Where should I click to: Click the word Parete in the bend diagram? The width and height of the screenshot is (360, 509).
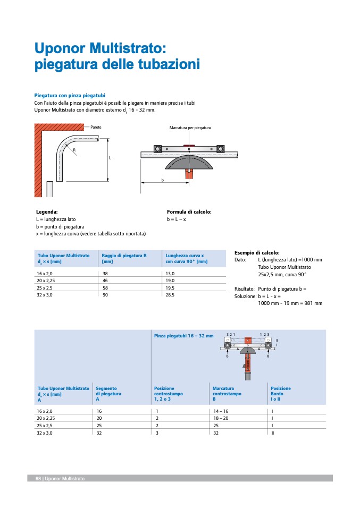coord(96,128)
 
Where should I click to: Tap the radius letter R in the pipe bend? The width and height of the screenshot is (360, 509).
coord(75,150)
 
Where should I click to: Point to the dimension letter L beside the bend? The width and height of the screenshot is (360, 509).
coord(110,158)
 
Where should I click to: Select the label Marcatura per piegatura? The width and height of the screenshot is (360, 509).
coord(190,128)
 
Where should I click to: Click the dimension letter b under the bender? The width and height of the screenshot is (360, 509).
coord(163,180)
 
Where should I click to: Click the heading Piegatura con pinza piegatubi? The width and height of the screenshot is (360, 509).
coord(70,95)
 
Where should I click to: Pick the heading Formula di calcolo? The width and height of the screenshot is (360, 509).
coord(189,211)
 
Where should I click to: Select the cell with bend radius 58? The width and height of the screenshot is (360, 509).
coord(105,287)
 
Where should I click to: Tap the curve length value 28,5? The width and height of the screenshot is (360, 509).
coord(171,294)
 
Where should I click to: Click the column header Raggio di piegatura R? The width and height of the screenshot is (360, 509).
coord(124,256)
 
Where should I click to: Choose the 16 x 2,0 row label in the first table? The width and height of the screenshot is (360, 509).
coord(45,273)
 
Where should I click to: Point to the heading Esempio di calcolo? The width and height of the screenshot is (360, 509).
coord(257,253)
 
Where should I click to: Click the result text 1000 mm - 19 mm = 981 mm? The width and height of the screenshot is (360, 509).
coord(290,303)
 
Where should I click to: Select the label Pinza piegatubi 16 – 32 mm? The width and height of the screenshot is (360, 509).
coord(183,336)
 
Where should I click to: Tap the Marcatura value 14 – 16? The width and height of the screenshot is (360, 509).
coord(220,411)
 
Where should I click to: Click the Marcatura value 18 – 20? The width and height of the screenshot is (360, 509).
coord(220,419)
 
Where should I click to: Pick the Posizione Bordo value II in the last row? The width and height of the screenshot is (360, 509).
coord(272,433)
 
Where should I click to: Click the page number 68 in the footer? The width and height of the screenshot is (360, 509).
coord(38,479)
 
